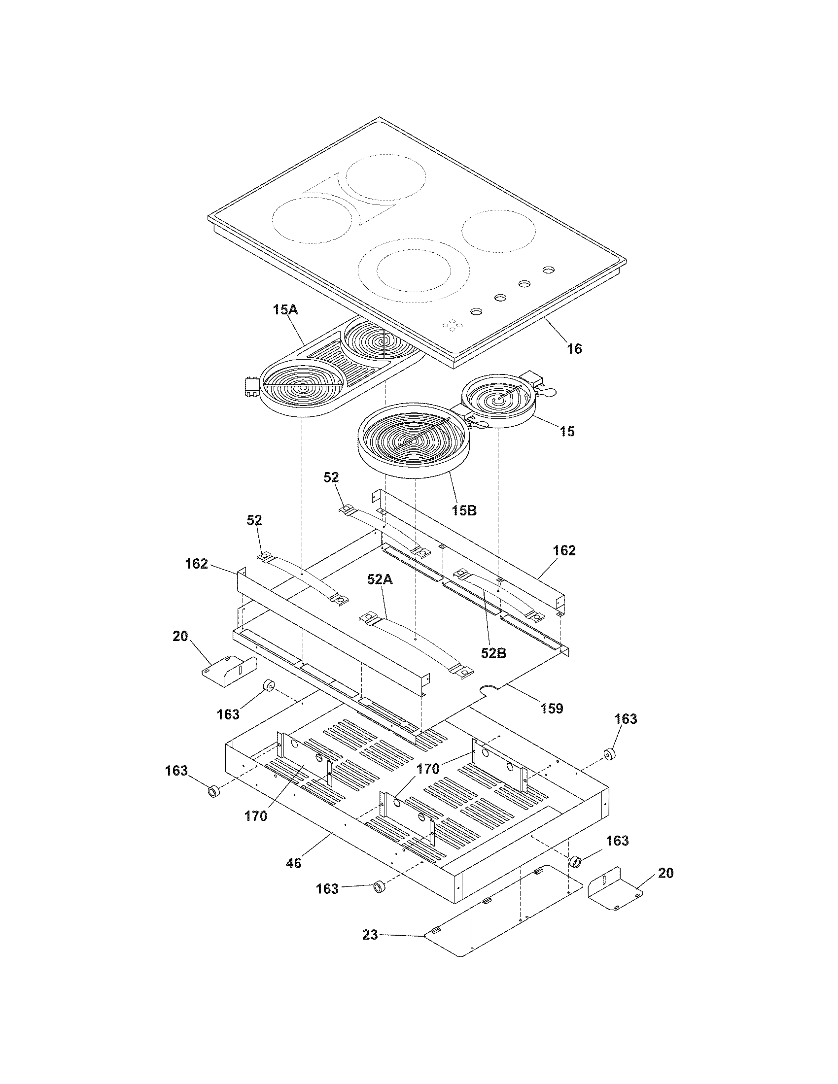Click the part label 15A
click(285, 310)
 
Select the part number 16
click(574, 349)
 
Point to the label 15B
click(464, 510)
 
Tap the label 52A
click(380, 579)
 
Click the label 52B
click(493, 653)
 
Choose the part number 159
click(552, 708)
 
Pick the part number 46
click(293, 863)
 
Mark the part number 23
click(370, 935)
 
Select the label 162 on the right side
click(564, 550)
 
